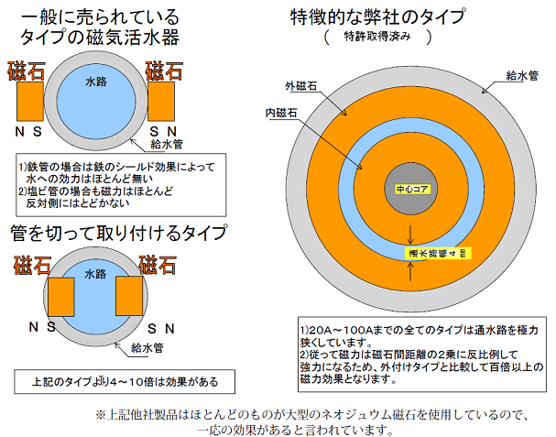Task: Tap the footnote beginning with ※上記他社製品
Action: click(x=312, y=421)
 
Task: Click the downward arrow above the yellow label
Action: click(x=410, y=231)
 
